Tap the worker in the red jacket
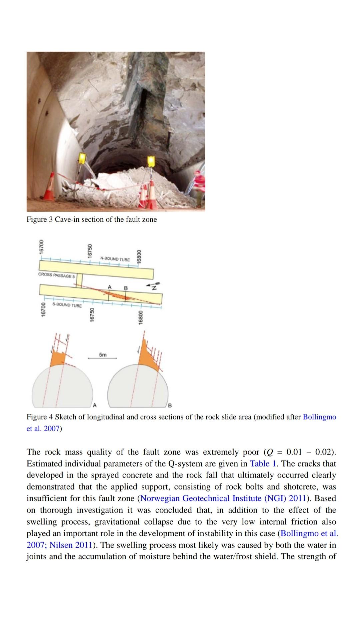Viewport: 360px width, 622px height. pyautogui.click(x=199, y=187)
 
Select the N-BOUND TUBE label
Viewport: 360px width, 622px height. pyautogui.click(x=115, y=258)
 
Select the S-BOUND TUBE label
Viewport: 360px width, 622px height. pyautogui.click(x=67, y=305)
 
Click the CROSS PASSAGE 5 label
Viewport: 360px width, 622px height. pyautogui.click(x=57, y=276)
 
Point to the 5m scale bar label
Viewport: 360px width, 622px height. pyautogui.click(x=103, y=355)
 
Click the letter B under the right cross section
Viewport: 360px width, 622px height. pyautogui.click(x=169, y=406)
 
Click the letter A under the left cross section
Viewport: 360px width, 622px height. pyautogui.click(x=94, y=406)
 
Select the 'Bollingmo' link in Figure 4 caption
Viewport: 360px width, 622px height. pyautogui.click(x=319, y=417)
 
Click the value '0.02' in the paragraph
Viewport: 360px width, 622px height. pyautogui.click(x=324, y=452)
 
